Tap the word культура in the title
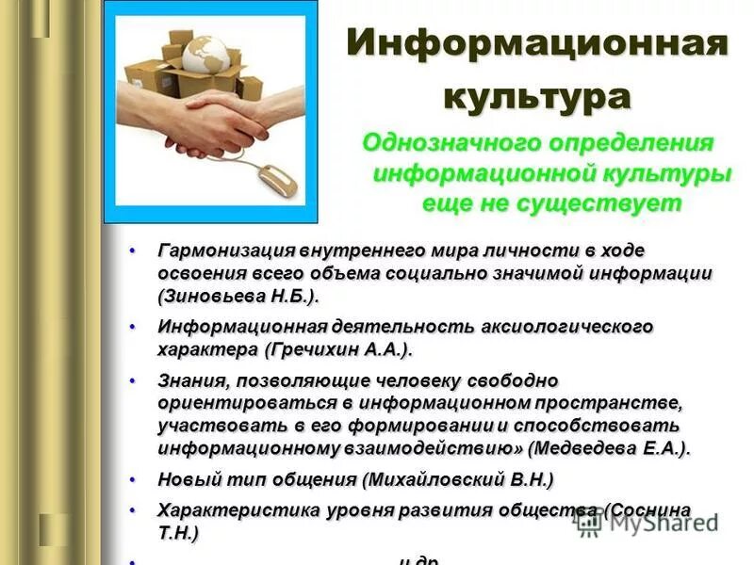pos(538,97)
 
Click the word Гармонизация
pos(226,250)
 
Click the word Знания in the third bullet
pos(188,380)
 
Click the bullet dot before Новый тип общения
pos(133,479)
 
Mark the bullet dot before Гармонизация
pos(133,250)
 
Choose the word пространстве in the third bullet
pos(616,403)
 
